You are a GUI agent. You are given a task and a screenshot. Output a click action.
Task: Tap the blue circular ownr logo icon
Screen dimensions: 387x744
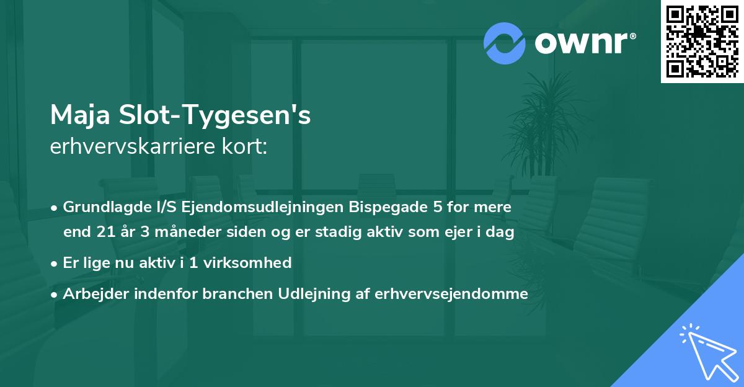coord(505,43)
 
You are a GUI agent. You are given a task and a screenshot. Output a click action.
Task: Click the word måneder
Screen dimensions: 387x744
coord(177,232)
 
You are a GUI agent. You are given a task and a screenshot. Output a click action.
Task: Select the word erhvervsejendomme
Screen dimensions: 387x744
coord(451,294)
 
